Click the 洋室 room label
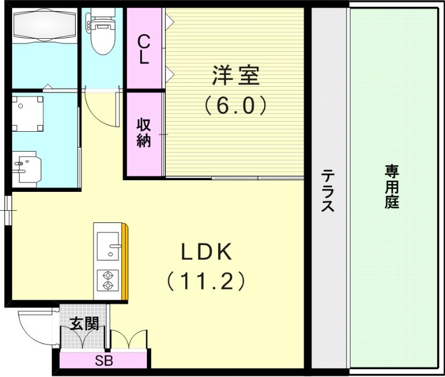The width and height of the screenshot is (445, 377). click(x=235, y=76)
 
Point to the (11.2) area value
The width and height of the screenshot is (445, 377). click(x=205, y=281)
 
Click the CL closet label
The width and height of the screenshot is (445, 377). click(x=144, y=49)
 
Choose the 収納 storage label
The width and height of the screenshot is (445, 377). click(x=144, y=133)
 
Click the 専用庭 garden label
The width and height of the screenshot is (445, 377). click(x=392, y=186)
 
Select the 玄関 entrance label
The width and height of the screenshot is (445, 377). click(x=85, y=324)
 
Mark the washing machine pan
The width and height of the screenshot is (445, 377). click(x=28, y=113)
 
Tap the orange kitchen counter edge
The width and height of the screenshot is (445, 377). click(x=126, y=261)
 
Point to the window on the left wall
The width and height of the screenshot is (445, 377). click(x=8, y=210)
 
